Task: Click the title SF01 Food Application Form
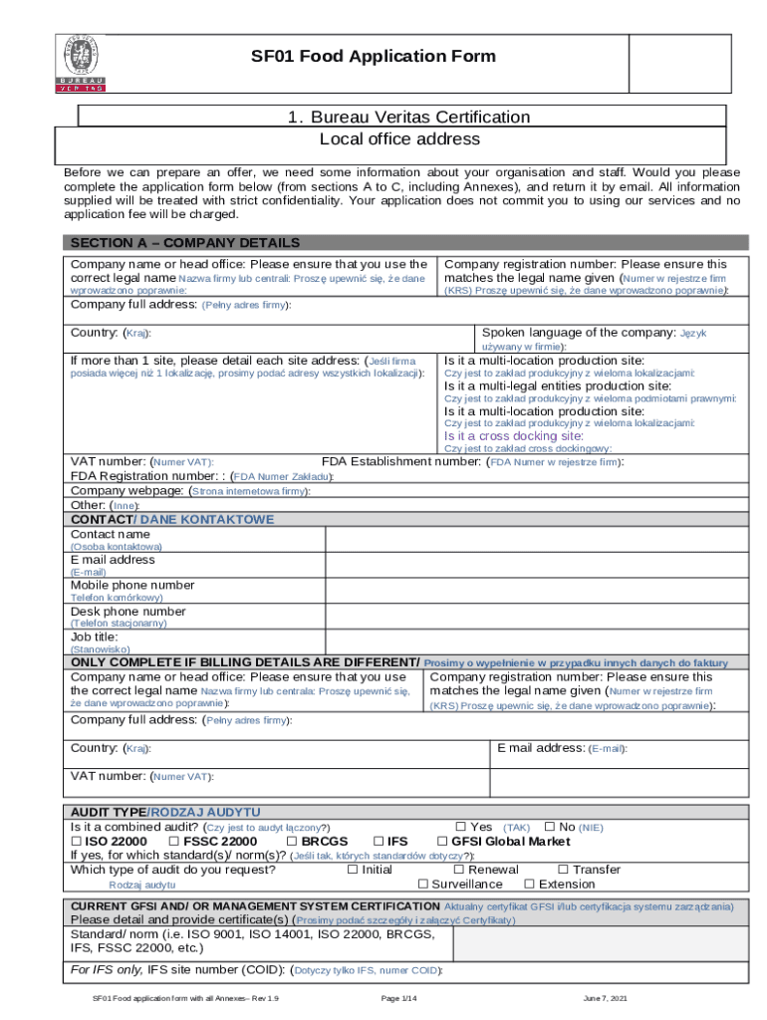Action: pyautogui.click(x=373, y=57)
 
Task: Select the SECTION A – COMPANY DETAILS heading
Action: pyautogui.click(x=184, y=243)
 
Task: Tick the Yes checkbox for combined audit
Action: pyautogui.click(x=461, y=827)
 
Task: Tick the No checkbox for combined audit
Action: pyautogui.click(x=550, y=827)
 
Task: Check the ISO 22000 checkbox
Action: pyautogui.click(x=76, y=842)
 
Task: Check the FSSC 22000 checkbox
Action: pyautogui.click(x=174, y=842)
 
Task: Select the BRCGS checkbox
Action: pyautogui.click(x=292, y=842)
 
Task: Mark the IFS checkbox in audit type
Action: pyautogui.click(x=379, y=842)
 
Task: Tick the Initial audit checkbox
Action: pyautogui.click(x=352, y=870)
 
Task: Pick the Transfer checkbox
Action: pyautogui.click(x=564, y=870)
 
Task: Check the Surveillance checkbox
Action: pyautogui.click(x=422, y=884)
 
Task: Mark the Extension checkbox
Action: pyautogui.click(x=530, y=884)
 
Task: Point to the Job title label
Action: pyautogui.click(x=95, y=636)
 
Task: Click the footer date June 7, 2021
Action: pyautogui.click(x=605, y=998)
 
